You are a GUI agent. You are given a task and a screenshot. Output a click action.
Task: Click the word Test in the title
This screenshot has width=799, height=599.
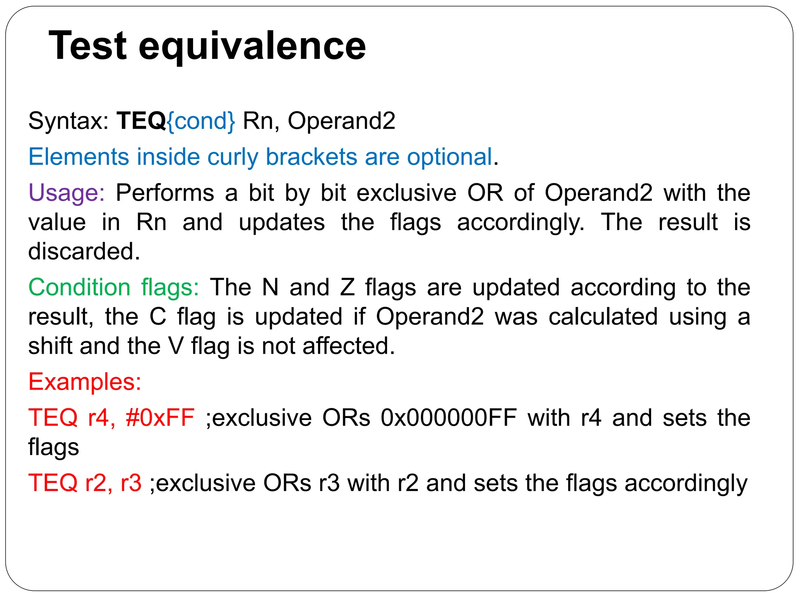click(88, 46)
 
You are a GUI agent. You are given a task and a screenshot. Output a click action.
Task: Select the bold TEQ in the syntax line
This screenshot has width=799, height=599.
click(141, 121)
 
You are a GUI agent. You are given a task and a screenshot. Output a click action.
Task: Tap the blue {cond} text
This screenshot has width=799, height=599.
click(201, 121)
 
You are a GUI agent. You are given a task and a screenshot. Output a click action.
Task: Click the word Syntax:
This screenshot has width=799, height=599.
click(68, 121)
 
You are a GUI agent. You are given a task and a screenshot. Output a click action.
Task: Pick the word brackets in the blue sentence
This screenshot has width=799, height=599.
click(311, 157)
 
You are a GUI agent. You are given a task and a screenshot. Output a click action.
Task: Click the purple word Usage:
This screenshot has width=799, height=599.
click(66, 193)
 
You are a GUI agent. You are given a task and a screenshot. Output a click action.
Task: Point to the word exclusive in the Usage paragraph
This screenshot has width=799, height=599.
click(406, 193)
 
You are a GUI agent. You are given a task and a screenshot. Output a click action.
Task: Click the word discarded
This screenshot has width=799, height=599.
click(83, 251)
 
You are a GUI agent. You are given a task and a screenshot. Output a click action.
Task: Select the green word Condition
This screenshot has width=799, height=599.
click(79, 287)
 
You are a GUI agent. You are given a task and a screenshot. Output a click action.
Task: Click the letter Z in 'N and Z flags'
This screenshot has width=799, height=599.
click(347, 287)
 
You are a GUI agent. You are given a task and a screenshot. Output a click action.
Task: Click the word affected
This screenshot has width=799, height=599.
click(349, 346)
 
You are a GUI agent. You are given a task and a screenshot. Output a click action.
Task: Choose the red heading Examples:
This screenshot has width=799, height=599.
click(85, 382)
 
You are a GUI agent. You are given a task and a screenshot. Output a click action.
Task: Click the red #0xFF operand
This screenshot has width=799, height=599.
click(160, 418)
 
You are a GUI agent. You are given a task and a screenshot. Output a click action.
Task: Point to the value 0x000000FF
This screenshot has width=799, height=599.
click(449, 418)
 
